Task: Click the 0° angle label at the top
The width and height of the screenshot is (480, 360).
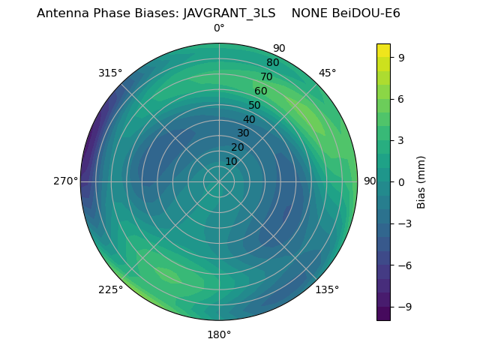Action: pos(219,28)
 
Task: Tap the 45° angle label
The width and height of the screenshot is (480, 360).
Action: pos(327,73)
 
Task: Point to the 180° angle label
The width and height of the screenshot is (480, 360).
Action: pos(219,334)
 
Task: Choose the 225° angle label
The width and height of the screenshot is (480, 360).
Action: pos(110,289)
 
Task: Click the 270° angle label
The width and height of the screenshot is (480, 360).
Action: pos(66,181)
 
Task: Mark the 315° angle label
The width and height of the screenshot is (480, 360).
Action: pos(110,73)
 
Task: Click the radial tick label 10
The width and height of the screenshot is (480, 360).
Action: pos(231,161)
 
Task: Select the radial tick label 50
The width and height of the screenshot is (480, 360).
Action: pos(255,105)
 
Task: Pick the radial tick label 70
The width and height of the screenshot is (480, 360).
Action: pos(266,76)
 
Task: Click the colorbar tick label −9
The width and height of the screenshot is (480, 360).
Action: pos(404,307)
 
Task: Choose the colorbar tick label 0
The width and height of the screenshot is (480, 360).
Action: pos(401,181)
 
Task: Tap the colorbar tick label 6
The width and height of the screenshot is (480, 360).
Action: pos(401,98)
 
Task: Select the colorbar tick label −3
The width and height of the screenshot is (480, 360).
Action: pos(404,223)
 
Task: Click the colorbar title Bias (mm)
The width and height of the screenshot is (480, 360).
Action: pos(421,181)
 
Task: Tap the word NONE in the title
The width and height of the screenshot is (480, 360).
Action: pos(307,13)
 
